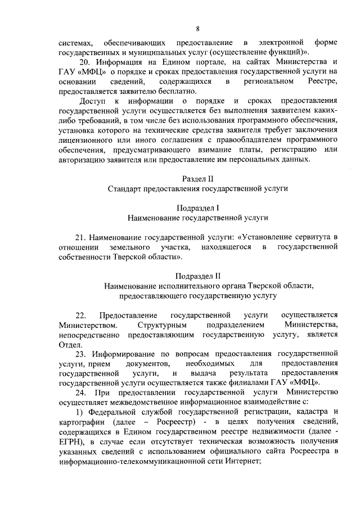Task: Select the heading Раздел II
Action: point(198,178)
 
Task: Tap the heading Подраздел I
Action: point(198,207)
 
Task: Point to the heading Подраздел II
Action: point(198,276)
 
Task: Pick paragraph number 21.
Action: point(80,236)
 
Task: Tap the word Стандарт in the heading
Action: point(123,188)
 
